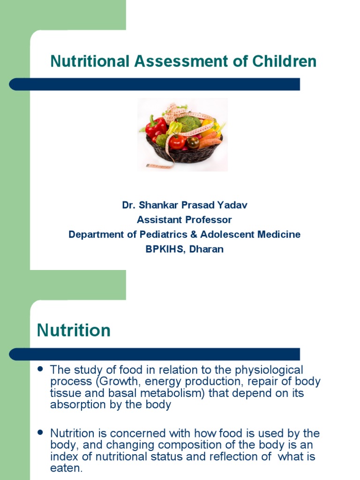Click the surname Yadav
[233, 205]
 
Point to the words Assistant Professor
[184, 220]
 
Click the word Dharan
[207, 249]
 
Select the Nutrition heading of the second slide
[74, 330]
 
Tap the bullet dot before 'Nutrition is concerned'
[40, 432]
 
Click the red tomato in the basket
[177, 142]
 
